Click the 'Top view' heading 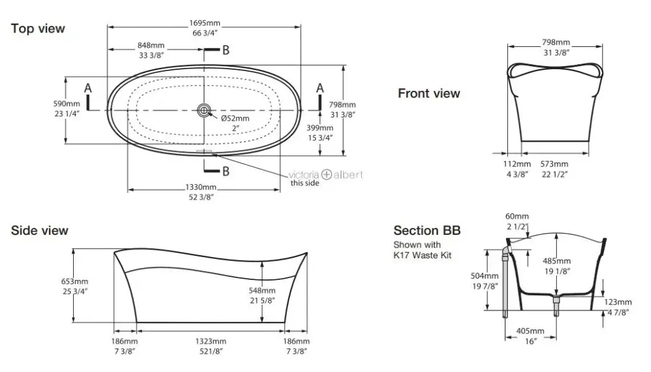click(x=38, y=29)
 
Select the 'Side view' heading click(x=39, y=230)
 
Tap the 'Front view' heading click(x=428, y=94)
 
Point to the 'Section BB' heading click(x=427, y=230)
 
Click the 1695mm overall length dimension click(x=205, y=23)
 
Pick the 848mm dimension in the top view click(x=151, y=46)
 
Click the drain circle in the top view click(x=204, y=110)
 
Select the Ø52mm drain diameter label click(x=235, y=119)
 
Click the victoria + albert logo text click(x=326, y=174)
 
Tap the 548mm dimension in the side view click(x=280, y=290)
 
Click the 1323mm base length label click(x=210, y=341)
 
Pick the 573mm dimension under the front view click(x=554, y=164)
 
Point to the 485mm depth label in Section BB click(x=556, y=261)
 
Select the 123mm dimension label click(x=619, y=302)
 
